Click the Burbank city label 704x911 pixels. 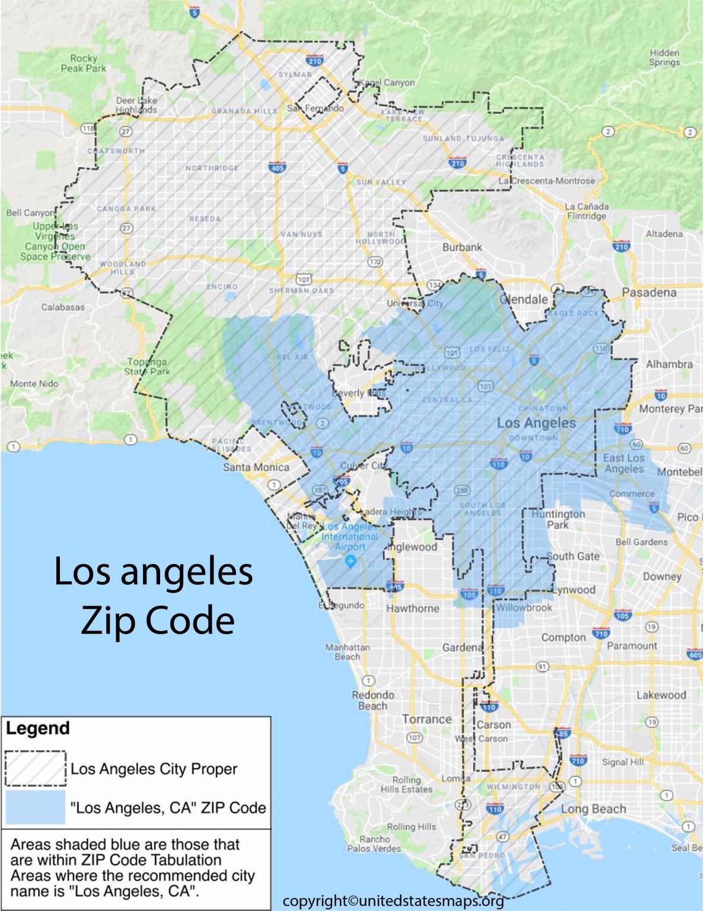tap(462, 247)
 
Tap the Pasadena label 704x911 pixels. tap(649, 292)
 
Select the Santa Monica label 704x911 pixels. tap(256, 467)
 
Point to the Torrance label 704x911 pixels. tap(426, 719)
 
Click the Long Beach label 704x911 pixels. tap(593, 809)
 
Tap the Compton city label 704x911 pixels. tap(563, 638)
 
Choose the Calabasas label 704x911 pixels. tap(63, 307)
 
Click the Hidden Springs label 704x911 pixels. tap(664, 58)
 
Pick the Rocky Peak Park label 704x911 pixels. tap(84, 63)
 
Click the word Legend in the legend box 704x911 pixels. tap(38, 728)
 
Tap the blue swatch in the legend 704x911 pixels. tap(36, 807)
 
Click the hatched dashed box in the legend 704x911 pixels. tap(36, 769)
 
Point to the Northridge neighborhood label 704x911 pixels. tap(212, 168)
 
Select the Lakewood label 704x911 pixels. tap(661, 695)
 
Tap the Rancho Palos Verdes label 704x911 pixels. tap(374, 843)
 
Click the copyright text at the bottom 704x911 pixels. tap(393, 902)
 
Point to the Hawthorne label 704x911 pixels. tap(412, 609)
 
